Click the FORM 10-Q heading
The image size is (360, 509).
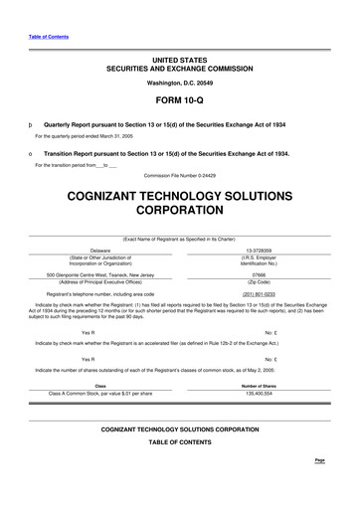(179, 101)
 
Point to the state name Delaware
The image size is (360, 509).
(99, 251)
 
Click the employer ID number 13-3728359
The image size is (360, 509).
(258, 251)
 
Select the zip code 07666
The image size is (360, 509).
(258, 273)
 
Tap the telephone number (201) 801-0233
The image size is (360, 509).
(258, 294)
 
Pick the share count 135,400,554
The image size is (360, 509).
(259, 394)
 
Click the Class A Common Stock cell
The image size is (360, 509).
(100, 394)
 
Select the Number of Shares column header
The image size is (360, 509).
(259, 386)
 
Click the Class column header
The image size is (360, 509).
(100, 386)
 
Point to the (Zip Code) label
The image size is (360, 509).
(258, 281)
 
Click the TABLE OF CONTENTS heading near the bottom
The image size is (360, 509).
(179, 468)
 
